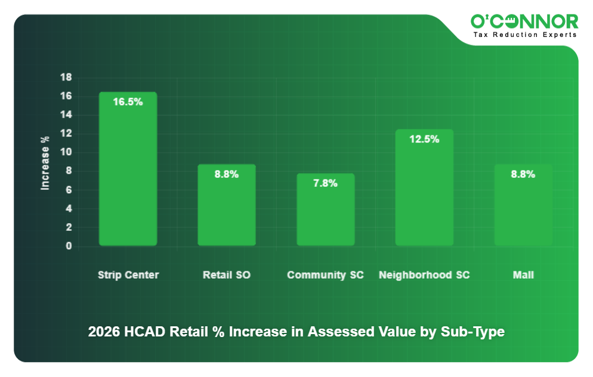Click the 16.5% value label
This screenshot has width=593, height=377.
tap(128, 102)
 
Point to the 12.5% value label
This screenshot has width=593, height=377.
tap(424, 139)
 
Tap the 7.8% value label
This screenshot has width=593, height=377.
tap(326, 183)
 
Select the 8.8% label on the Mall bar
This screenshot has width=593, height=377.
tap(523, 174)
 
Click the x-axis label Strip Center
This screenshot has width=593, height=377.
tap(128, 275)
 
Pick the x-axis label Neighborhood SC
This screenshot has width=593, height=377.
tap(424, 275)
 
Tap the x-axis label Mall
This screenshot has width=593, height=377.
tap(523, 275)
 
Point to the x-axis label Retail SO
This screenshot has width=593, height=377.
tap(227, 275)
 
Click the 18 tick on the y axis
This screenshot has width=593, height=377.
tap(66, 78)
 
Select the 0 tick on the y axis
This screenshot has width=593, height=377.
tap(69, 246)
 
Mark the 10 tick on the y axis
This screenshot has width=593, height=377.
tap(66, 152)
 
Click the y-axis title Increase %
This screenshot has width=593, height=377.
tap(45, 163)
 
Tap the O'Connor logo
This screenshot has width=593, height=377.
tap(524, 22)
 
